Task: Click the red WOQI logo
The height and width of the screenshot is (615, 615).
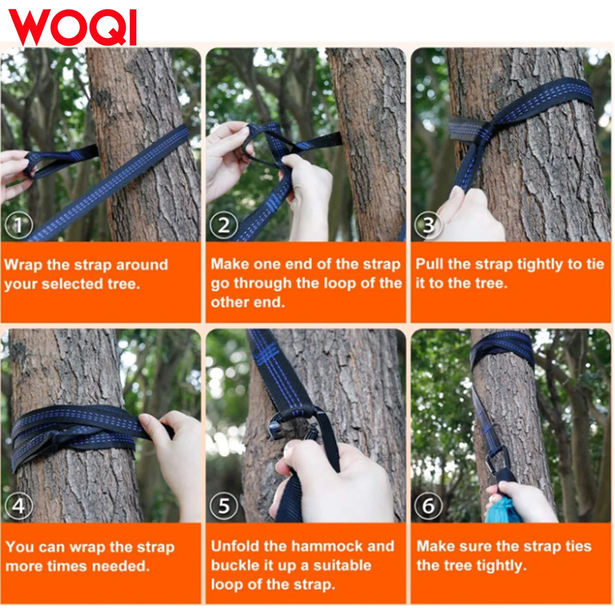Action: pyautogui.click(x=72, y=28)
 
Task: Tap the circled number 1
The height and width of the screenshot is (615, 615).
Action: pyautogui.click(x=19, y=225)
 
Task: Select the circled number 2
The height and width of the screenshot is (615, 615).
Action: pyautogui.click(x=224, y=225)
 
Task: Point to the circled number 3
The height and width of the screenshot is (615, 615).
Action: pyautogui.click(x=428, y=225)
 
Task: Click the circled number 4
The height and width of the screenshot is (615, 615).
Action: pyautogui.click(x=19, y=506)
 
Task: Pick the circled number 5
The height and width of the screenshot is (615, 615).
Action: pyautogui.click(x=224, y=506)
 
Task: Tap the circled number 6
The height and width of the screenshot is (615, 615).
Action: pyautogui.click(x=428, y=506)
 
